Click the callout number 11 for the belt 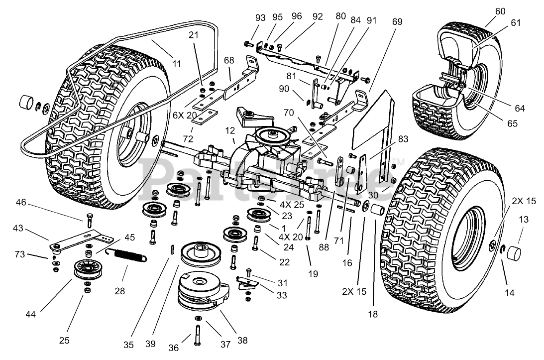click(177, 63)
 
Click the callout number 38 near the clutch click(242, 341)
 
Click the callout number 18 click(373, 314)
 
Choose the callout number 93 click(261, 17)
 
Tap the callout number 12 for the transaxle click(229, 130)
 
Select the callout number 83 click(403, 139)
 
